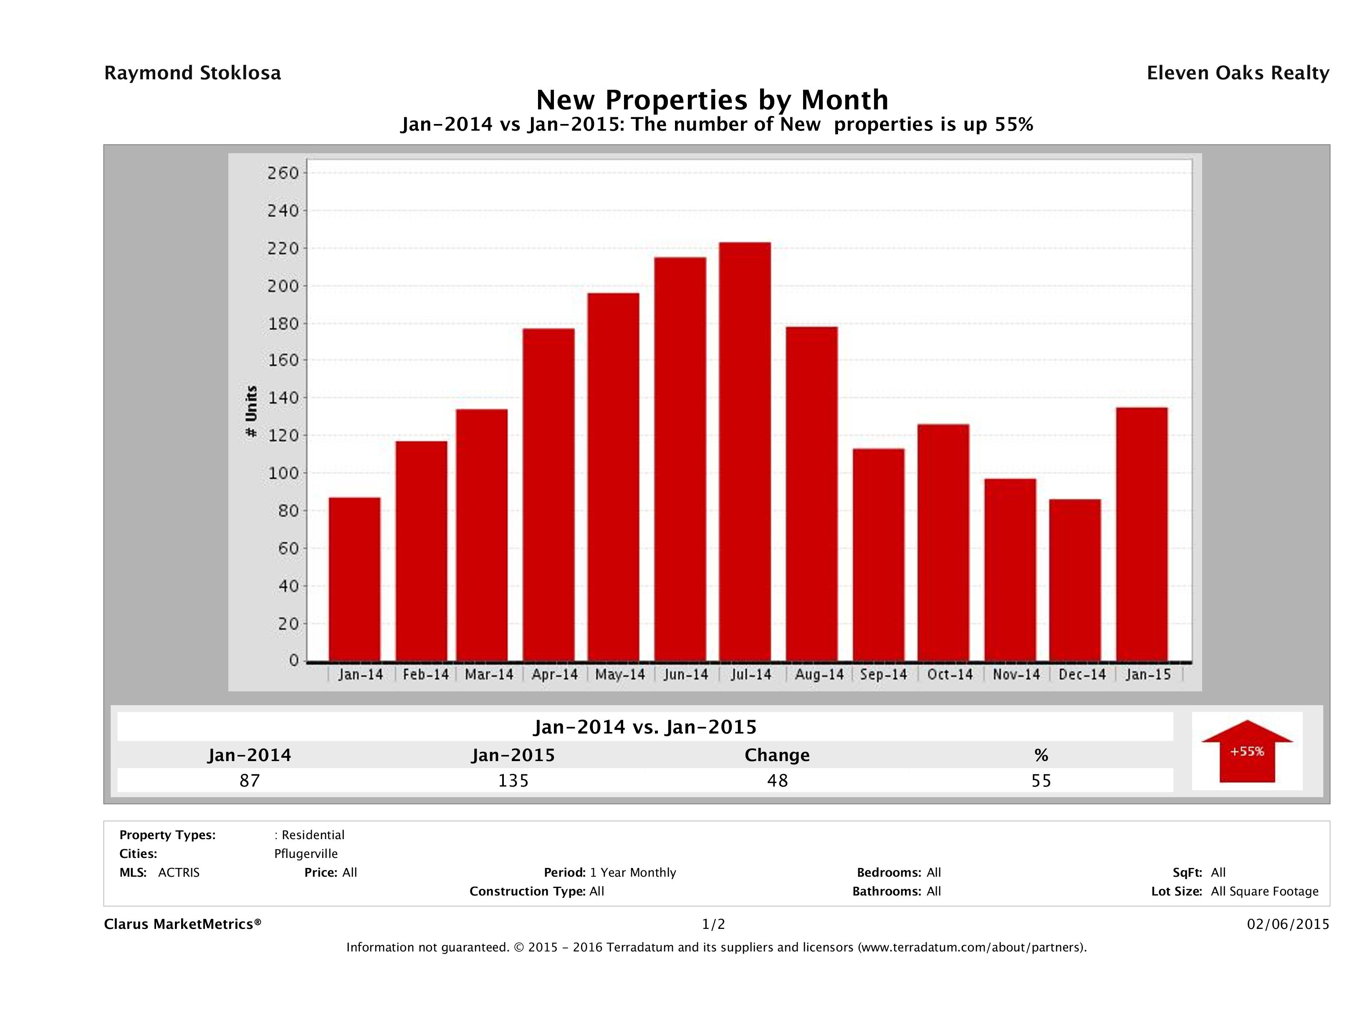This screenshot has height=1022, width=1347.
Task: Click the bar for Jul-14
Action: (x=744, y=451)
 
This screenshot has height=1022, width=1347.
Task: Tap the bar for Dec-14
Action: (x=1075, y=580)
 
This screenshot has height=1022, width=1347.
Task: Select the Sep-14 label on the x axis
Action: (x=884, y=675)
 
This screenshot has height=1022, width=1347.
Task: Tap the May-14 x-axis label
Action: (x=620, y=675)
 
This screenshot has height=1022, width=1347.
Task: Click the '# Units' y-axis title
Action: (x=251, y=412)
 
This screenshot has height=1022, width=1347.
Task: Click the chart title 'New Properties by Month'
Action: (x=712, y=99)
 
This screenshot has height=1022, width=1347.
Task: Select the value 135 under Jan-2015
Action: (x=513, y=780)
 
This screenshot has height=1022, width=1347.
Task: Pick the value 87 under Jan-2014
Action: (x=250, y=780)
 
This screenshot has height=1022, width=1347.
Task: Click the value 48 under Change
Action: (x=777, y=780)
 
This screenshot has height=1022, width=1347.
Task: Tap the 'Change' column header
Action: (x=777, y=755)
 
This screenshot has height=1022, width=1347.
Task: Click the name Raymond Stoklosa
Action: (x=192, y=73)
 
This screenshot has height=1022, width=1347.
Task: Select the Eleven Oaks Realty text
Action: (x=1237, y=73)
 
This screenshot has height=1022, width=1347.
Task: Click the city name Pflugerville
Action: (x=306, y=854)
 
